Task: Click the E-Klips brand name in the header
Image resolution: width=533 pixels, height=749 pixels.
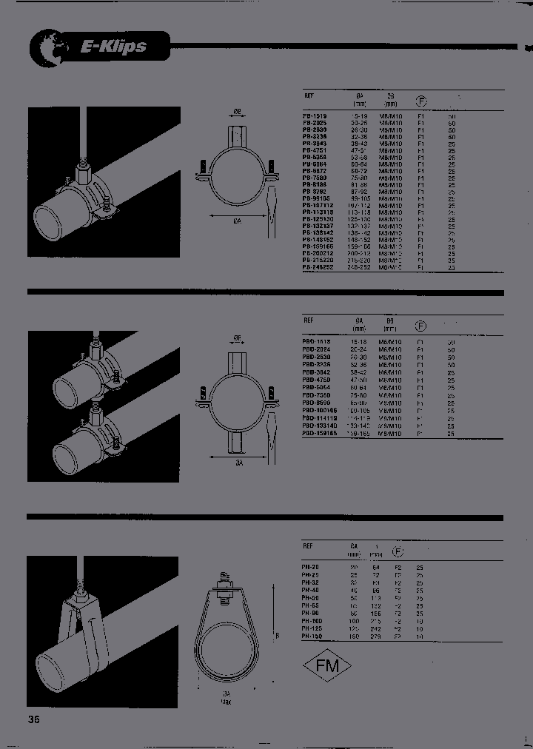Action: [113, 47]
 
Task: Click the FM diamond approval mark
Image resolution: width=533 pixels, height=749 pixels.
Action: [327, 665]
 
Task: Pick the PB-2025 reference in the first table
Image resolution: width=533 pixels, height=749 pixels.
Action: [315, 123]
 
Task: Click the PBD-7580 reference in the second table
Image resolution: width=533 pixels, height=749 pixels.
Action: [317, 396]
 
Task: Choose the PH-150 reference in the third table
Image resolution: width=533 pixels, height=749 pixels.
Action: [313, 635]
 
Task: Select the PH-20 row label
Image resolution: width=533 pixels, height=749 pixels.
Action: [311, 566]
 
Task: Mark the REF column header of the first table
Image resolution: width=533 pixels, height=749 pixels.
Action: [309, 96]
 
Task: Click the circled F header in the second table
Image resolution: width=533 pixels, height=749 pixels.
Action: [420, 325]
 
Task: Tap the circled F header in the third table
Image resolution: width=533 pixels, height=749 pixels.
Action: [398, 551]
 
